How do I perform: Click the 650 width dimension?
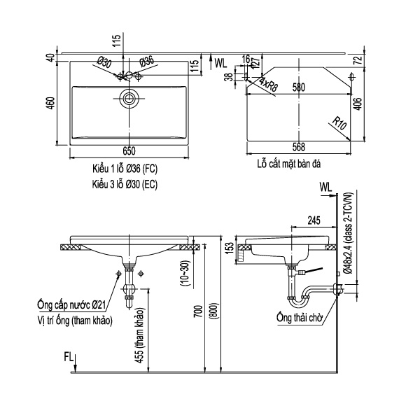(x=129, y=151)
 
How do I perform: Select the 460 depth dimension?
(x=51, y=103)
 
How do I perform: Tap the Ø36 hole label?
(x=147, y=62)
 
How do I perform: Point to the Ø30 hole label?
(x=104, y=63)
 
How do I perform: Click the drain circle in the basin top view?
(x=129, y=98)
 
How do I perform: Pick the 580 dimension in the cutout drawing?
(x=298, y=87)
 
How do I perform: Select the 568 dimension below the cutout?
(x=298, y=147)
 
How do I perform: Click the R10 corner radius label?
(x=339, y=123)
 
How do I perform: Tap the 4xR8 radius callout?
(x=269, y=84)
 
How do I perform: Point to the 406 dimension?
(x=358, y=104)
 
